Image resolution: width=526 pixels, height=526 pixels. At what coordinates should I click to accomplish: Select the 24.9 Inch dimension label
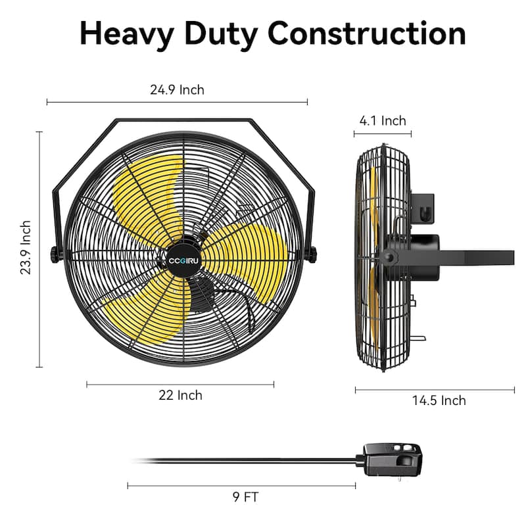177,90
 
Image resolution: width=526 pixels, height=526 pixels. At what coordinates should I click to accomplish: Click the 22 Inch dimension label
180,395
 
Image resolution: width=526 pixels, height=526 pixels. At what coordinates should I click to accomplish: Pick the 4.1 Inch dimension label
383,120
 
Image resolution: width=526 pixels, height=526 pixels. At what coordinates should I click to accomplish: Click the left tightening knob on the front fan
55,254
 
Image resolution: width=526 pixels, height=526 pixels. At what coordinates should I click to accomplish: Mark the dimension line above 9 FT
241,486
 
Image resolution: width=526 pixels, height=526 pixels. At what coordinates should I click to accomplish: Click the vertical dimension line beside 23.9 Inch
40,249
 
